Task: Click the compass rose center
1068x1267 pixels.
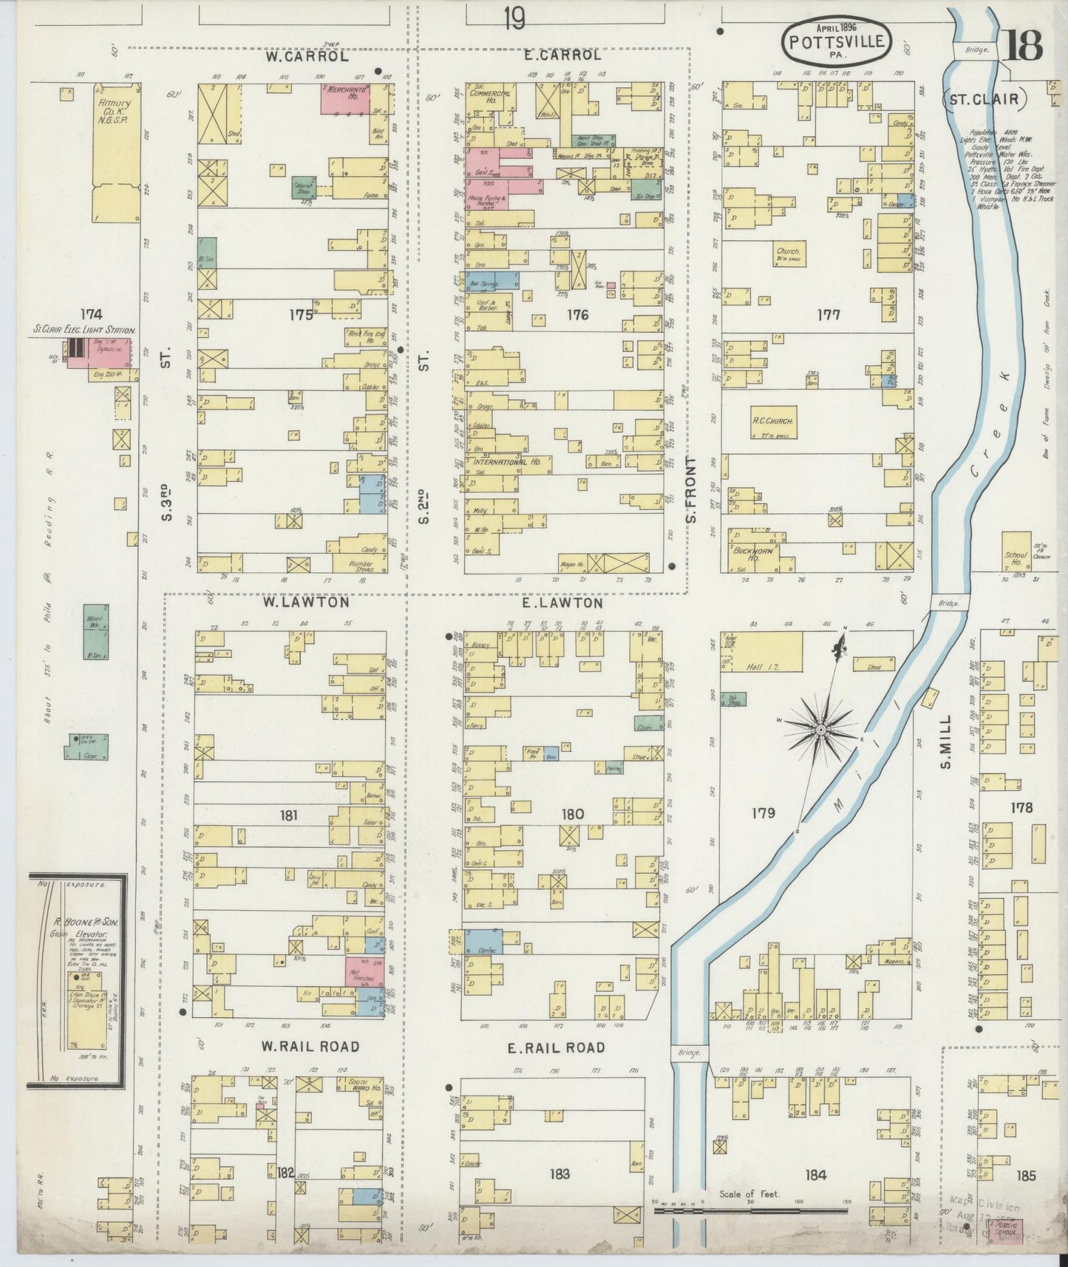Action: pyautogui.click(x=820, y=730)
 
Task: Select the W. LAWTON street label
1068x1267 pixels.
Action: pyautogui.click(x=306, y=602)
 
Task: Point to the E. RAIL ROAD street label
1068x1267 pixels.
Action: pyautogui.click(x=557, y=1047)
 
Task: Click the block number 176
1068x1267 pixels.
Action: pyautogui.click(x=577, y=315)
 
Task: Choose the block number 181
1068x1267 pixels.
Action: pyautogui.click(x=289, y=815)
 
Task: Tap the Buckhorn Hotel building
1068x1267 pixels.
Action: pyautogui.click(x=754, y=551)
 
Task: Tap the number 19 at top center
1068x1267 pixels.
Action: pyautogui.click(x=514, y=19)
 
